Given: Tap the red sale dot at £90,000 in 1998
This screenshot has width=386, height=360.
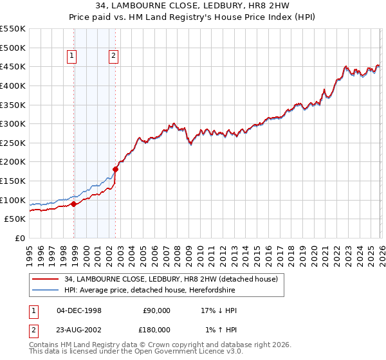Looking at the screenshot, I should click(x=74, y=204).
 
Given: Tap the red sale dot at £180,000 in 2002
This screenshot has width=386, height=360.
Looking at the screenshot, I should click(x=116, y=170).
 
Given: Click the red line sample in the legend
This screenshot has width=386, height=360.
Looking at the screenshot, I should click(x=45, y=279).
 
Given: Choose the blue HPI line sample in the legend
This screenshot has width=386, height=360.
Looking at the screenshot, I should click(x=45, y=290).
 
